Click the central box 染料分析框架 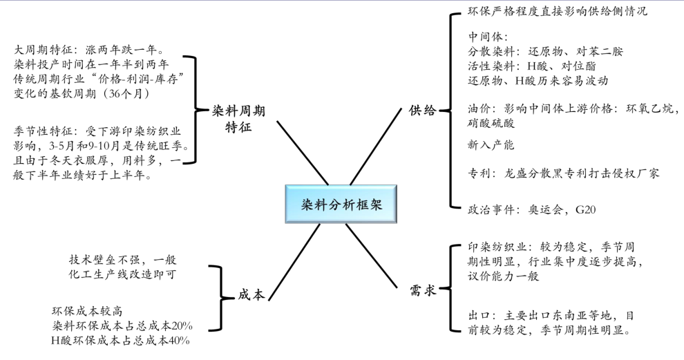pos(341,205)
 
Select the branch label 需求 pos(421,292)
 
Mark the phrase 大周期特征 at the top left pos(44,50)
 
